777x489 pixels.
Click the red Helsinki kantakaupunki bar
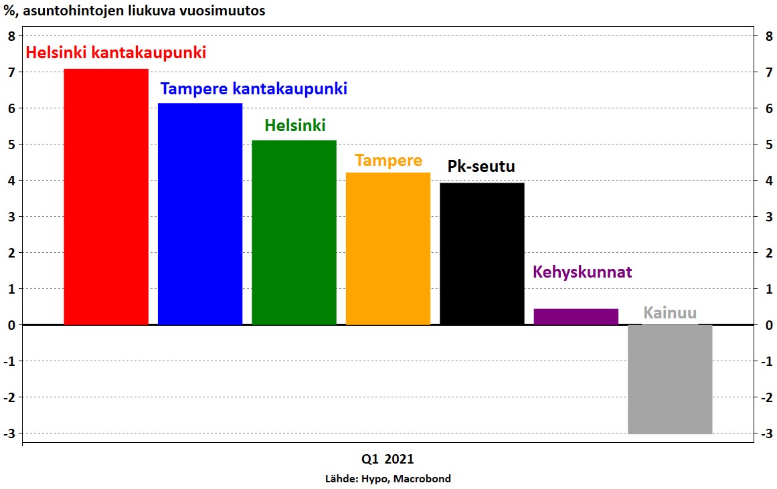(x=106, y=197)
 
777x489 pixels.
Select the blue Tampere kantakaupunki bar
(x=200, y=214)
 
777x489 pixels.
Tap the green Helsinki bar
(x=294, y=232)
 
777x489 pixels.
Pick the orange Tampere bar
(x=388, y=249)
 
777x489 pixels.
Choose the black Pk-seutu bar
(x=482, y=254)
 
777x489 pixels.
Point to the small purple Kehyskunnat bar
(x=576, y=316)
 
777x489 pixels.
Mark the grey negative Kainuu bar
(x=670, y=379)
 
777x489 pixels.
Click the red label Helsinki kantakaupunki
(x=116, y=53)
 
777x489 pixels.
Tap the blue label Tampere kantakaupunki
(x=254, y=89)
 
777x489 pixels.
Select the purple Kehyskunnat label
(x=582, y=272)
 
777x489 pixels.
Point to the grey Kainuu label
(x=670, y=312)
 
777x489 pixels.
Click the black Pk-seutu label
(x=481, y=166)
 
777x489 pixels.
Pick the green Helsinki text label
(x=295, y=125)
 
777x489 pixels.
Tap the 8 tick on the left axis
(x=12, y=35)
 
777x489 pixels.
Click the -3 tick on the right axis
(x=766, y=433)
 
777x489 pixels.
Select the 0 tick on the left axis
(x=12, y=325)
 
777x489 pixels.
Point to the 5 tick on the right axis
(x=769, y=144)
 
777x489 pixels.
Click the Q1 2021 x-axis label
(x=387, y=459)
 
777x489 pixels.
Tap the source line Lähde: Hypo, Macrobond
(x=388, y=478)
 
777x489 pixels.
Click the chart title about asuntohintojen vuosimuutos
(x=135, y=11)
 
